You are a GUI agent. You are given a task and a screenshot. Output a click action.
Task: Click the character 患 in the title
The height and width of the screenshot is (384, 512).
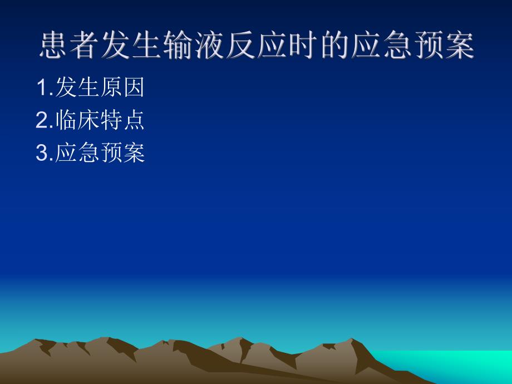[x=54, y=46]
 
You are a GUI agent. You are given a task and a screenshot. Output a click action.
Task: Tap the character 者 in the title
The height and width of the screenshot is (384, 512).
[x=85, y=46]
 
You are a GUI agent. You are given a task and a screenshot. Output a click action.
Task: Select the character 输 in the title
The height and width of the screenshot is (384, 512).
[x=179, y=46]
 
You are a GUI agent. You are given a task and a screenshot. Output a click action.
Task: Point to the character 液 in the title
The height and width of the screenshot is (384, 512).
[x=210, y=46]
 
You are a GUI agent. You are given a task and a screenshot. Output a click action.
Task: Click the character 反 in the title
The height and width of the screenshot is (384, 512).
[x=241, y=46]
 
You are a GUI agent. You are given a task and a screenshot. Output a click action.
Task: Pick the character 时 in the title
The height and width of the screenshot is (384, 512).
[x=303, y=46]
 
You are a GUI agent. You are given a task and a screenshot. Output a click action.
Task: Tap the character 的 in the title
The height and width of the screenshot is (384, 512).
[x=334, y=46]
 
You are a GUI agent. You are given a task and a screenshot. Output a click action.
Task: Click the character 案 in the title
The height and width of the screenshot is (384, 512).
[x=459, y=46]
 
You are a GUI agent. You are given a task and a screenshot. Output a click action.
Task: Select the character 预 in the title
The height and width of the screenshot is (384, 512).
[x=428, y=46]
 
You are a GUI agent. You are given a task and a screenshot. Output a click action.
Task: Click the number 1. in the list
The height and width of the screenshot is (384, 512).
[x=45, y=87]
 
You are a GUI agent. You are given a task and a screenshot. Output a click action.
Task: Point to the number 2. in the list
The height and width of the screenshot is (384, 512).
[x=45, y=121]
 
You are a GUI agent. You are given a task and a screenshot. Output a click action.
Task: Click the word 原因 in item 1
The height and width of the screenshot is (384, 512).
[x=122, y=87]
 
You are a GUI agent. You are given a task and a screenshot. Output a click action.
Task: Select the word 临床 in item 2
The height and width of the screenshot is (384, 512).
[x=77, y=121]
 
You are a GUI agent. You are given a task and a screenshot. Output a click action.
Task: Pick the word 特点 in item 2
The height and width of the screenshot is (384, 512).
[x=122, y=121]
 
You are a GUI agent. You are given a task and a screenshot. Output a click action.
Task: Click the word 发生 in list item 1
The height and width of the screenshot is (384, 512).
[x=77, y=87]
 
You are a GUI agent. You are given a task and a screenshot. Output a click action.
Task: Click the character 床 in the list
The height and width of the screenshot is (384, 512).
[x=89, y=121]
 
